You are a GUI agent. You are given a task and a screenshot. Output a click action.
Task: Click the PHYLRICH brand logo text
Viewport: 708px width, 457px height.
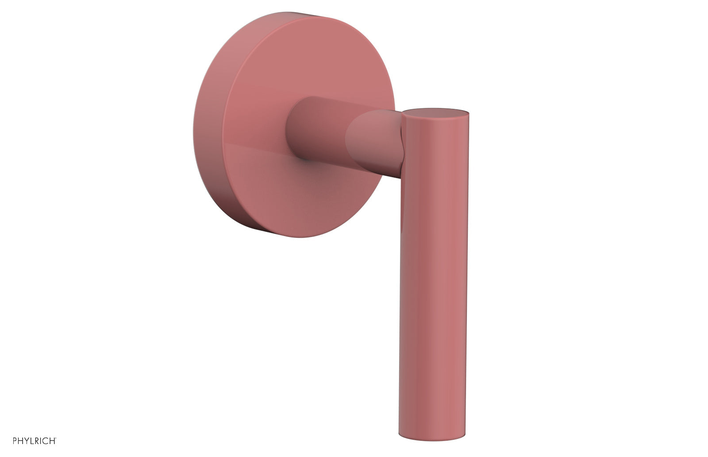tap(34, 441)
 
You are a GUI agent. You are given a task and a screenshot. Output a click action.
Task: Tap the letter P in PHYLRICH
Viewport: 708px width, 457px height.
tap(15, 441)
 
